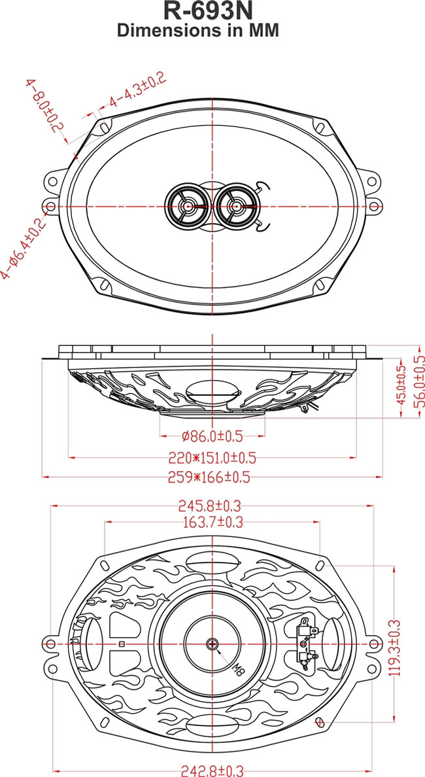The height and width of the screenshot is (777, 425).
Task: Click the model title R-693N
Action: pos(212,11)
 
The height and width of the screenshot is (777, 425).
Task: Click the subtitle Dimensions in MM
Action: pos(212,30)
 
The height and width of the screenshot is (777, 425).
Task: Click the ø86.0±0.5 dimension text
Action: pos(213,435)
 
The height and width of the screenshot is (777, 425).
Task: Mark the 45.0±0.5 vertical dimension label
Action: pos(402,390)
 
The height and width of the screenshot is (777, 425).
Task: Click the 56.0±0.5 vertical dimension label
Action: pos(419,387)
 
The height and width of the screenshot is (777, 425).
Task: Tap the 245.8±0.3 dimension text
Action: pos(213,506)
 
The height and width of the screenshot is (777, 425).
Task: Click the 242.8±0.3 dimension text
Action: pos(212,771)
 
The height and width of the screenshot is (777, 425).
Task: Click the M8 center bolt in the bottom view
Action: pos(212,644)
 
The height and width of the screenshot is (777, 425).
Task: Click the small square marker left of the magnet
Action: pos(122,644)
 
